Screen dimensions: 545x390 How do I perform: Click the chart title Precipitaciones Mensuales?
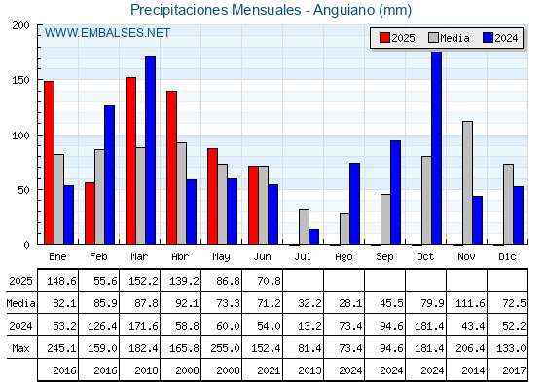pyautogui.click(x=215, y=10)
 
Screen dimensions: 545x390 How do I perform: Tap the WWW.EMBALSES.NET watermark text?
pyautogui.click(x=107, y=33)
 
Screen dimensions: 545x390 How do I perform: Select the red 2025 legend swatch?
pyautogui.click(x=384, y=38)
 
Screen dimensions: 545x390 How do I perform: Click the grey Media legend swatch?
pyautogui.click(x=434, y=38)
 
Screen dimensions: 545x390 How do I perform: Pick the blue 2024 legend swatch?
pyautogui.click(x=488, y=38)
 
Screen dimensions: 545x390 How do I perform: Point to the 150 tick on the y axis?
pyautogui.click(x=20, y=80)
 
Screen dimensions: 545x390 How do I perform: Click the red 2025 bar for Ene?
pyautogui.click(x=50, y=163)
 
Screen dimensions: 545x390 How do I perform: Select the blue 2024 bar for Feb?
pyautogui.click(x=109, y=175)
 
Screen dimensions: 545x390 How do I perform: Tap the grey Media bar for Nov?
pyautogui.click(x=467, y=183)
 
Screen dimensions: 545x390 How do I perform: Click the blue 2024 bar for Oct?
pyautogui.click(x=437, y=147)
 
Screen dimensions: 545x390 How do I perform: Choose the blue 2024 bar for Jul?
pyautogui.click(x=313, y=237)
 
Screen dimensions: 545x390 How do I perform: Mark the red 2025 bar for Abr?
pyautogui.click(x=171, y=168)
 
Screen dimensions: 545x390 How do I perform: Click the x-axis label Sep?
pyautogui.click(x=384, y=257)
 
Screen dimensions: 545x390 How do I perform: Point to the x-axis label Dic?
pyautogui.click(x=507, y=256)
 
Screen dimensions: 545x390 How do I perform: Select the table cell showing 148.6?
pyautogui.click(x=61, y=281)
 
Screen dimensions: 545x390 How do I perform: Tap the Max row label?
pyautogui.click(x=20, y=348)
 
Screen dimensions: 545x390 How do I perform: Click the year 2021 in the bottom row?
pyautogui.click(x=269, y=370)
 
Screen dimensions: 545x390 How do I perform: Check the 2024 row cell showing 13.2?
pyautogui.click(x=309, y=326)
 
